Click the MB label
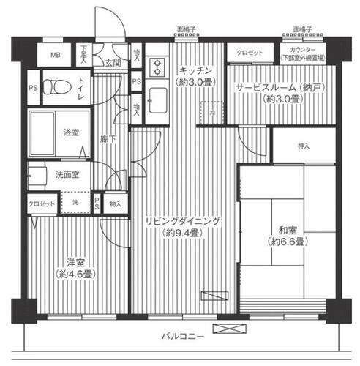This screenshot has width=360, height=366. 56,55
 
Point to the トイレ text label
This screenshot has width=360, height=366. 80,86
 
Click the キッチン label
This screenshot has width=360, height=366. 195,70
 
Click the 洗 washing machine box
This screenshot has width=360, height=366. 75,203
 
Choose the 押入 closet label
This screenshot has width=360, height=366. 303,146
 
